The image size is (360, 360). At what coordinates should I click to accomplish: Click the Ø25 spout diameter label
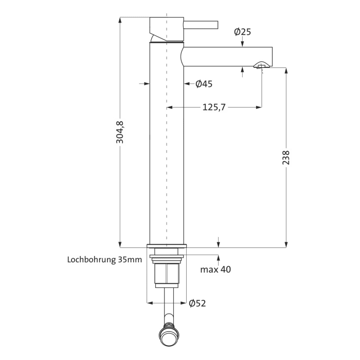242,32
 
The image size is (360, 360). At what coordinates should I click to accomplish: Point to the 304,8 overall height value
120,132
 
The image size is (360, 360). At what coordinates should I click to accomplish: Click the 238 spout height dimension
286,157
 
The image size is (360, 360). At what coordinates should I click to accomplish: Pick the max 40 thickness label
215,269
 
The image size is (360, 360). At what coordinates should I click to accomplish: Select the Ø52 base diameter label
197,303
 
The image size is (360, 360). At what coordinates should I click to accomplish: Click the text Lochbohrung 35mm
104,260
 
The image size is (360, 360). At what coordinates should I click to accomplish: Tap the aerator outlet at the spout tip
261,65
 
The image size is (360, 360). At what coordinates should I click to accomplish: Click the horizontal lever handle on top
201,24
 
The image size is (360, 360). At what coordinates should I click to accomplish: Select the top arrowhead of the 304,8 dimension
120,21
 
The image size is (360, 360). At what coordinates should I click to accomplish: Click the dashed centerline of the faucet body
167,154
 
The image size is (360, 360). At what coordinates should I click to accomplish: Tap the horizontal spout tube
226,56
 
